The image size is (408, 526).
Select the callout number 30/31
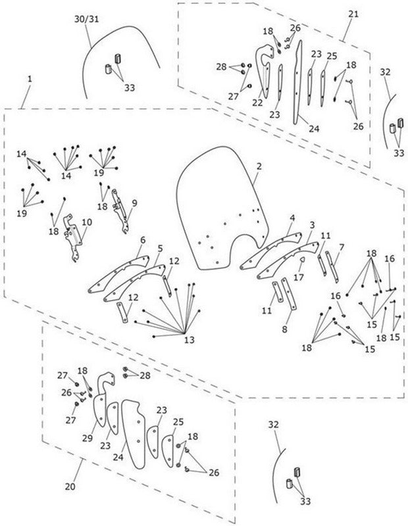click(x=87, y=19)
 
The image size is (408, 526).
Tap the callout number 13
click(x=190, y=340)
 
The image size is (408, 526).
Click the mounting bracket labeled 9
click(x=120, y=211)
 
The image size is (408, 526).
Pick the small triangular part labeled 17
click(x=302, y=259)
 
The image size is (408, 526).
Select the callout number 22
click(x=257, y=103)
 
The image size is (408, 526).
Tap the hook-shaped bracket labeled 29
click(x=102, y=399)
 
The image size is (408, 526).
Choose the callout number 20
click(x=70, y=486)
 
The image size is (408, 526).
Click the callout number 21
click(x=353, y=14)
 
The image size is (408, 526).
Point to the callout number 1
click(x=30, y=79)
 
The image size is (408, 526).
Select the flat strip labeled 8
click(x=288, y=293)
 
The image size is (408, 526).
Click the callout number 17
click(x=299, y=277)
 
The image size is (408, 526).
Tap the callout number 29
click(x=88, y=438)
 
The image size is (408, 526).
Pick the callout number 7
click(x=342, y=248)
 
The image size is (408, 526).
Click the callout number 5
click(x=160, y=249)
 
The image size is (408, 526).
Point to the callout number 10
click(x=87, y=222)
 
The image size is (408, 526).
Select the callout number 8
click(x=285, y=329)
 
